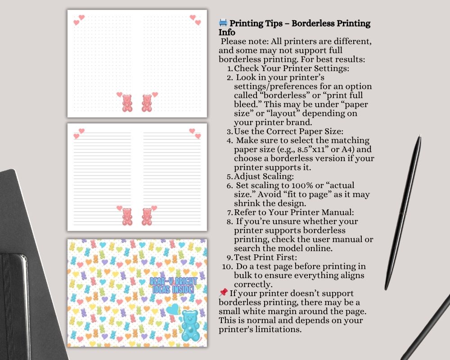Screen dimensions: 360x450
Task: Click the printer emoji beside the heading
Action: [x=223, y=23]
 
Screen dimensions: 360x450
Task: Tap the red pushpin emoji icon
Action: [x=223, y=292]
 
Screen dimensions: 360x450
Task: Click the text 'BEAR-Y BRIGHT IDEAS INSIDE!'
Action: [x=173, y=285]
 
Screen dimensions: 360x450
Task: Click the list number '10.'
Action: [x=226, y=266]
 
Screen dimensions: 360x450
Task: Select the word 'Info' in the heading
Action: [x=227, y=32]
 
